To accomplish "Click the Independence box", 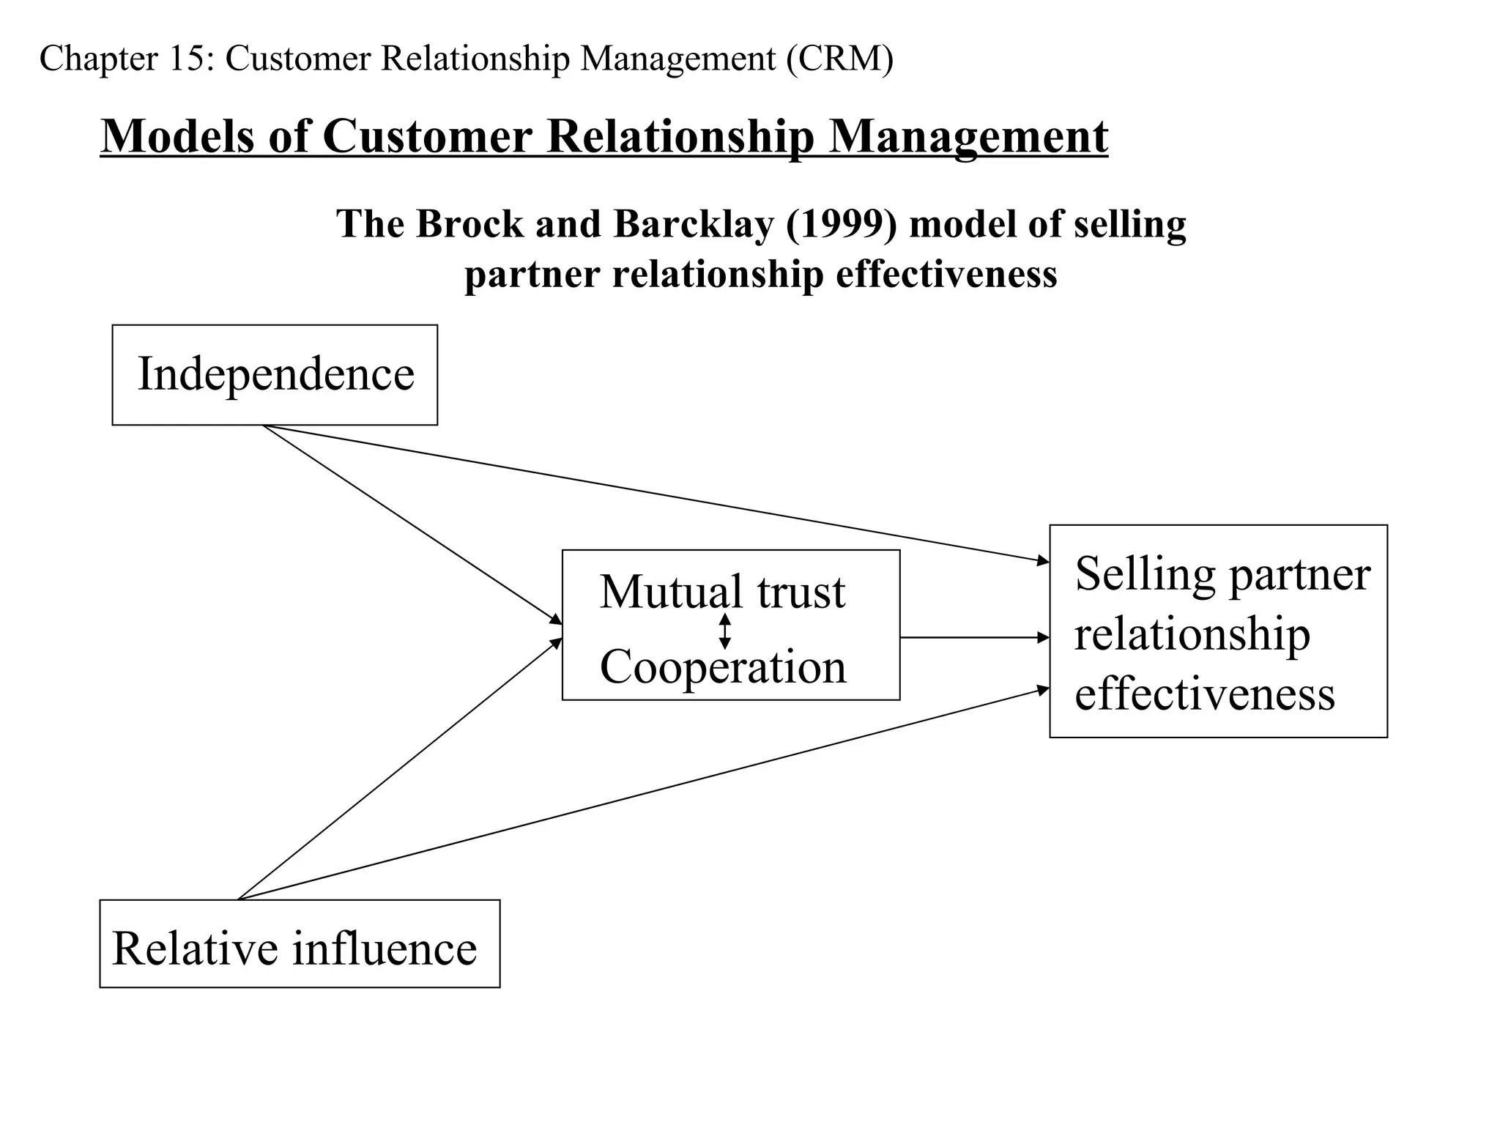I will [x=275, y=374].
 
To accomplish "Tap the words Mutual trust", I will [x=722, y=592].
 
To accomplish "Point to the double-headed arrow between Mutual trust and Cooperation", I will [x=724, y=631].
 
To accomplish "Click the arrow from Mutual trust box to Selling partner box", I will [x=974, y=638].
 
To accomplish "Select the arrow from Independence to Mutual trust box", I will [x=412, y=524].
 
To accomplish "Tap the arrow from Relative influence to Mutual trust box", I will [x=399, y=769].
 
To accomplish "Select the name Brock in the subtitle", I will [x=469, y=224].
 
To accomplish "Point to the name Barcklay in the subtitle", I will [x=693, y=224].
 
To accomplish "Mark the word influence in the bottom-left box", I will [x=385, y=948].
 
